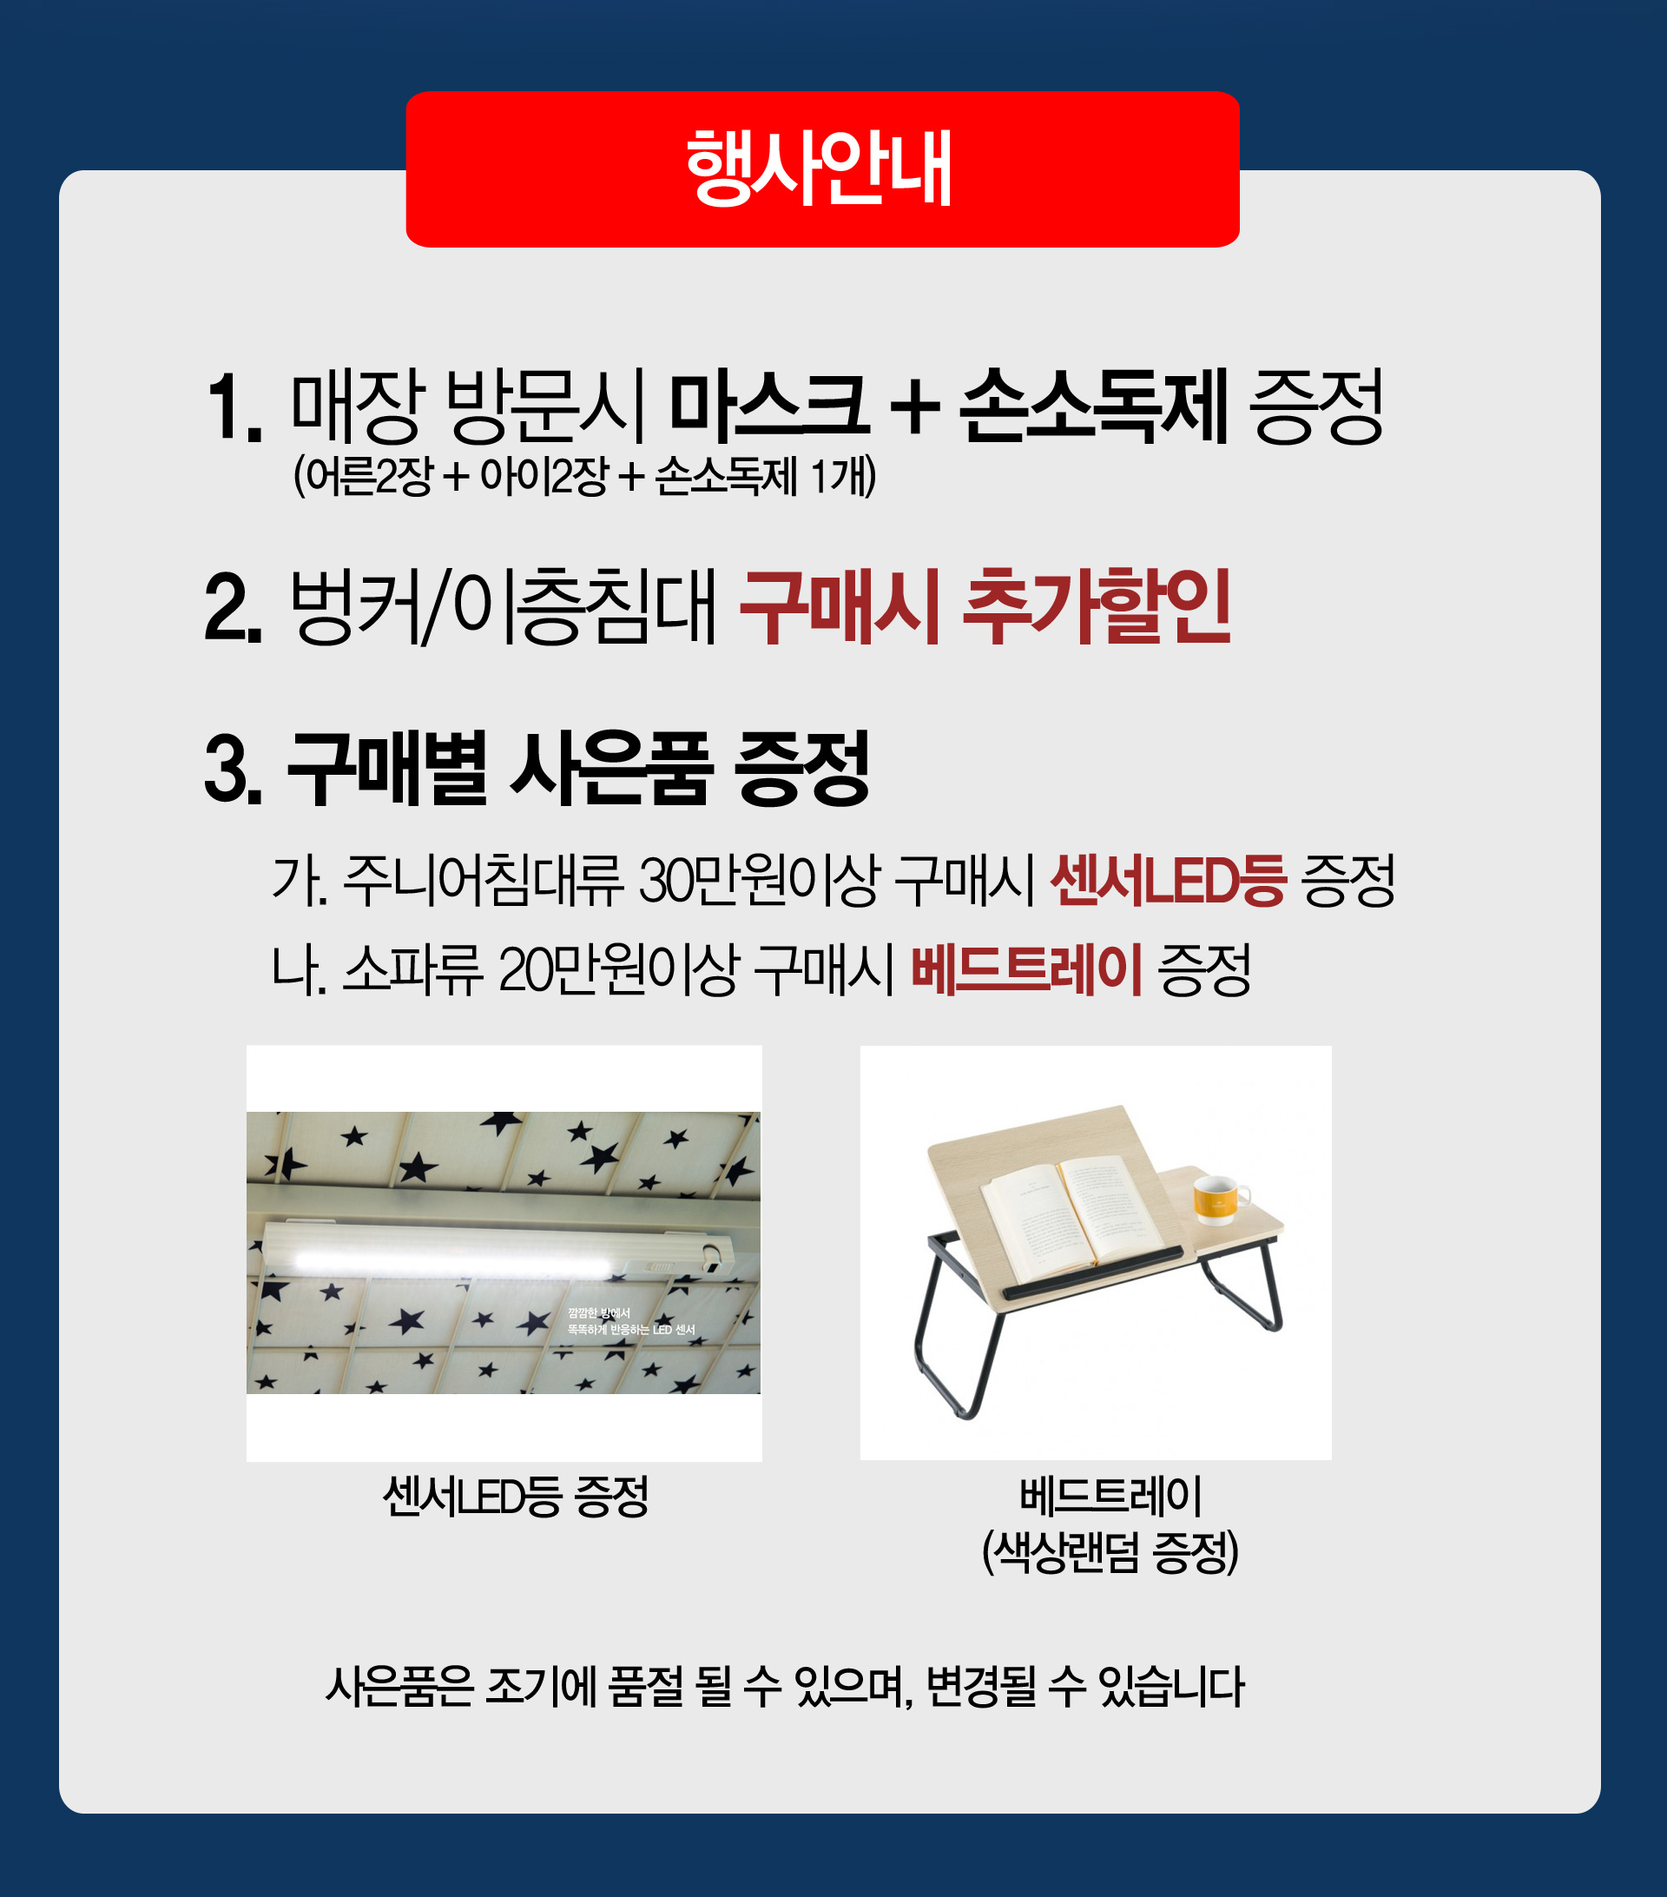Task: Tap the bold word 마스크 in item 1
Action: point(769,405)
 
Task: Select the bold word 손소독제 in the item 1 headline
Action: point(1095,405)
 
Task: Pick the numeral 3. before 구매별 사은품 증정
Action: point(234,768)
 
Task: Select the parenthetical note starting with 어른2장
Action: point(584,476)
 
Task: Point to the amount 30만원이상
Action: point(759,880)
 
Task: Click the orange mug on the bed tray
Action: point(1220,1198)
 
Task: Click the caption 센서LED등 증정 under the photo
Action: point(516,1496)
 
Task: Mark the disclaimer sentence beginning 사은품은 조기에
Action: point(785,1686)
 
